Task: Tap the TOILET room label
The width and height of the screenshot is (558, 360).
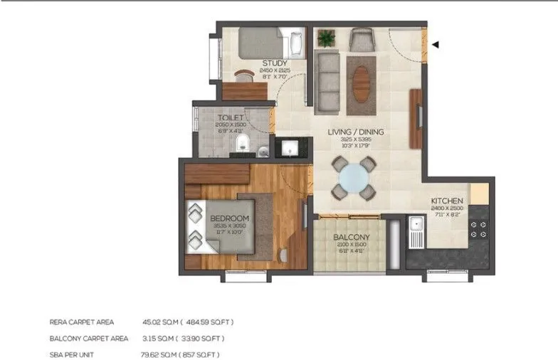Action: (231, 117)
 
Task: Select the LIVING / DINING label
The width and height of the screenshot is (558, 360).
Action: (355, 132)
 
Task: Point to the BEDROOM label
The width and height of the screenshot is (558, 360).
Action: (229, 218)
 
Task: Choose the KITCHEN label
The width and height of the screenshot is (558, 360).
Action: (447, 201)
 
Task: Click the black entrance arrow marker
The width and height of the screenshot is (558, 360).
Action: (435, 45)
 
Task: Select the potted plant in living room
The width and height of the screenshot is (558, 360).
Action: (327, 38)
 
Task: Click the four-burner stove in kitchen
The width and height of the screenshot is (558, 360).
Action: (479, 228)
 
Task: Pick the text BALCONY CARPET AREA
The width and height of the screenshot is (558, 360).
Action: (89, 338)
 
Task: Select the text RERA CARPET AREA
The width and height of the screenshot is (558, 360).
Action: (81, 322)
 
